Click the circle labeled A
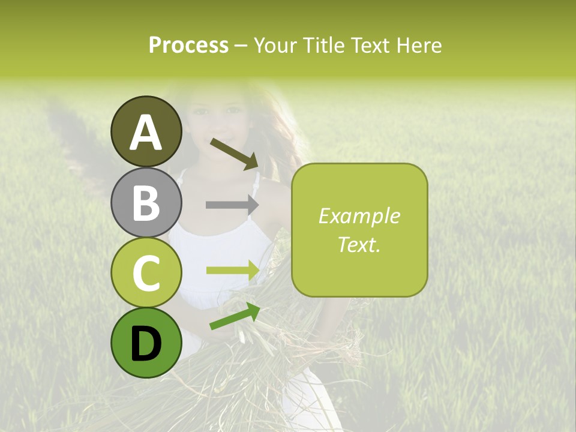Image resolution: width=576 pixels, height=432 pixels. coord(146,131)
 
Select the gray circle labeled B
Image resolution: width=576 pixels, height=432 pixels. coord(146,202)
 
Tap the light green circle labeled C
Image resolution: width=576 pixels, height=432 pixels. coord(146,273)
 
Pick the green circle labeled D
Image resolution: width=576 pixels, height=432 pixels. coord(146,343)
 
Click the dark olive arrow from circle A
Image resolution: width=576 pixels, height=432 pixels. coord(235,154)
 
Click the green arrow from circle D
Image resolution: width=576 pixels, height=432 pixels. coord(235,316)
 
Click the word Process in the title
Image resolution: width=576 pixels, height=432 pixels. coord(188,46)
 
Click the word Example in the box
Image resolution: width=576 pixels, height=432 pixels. coord(359,217)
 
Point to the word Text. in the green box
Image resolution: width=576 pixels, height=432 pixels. coord(359,244)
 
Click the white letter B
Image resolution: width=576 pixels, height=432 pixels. coord(146,203)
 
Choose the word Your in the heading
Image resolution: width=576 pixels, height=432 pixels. coord(275,46)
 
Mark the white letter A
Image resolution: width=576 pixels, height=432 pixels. coord(146,132)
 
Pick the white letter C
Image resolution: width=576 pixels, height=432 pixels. coord(146,274)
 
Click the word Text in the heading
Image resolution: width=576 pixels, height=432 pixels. coord(370,46)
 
